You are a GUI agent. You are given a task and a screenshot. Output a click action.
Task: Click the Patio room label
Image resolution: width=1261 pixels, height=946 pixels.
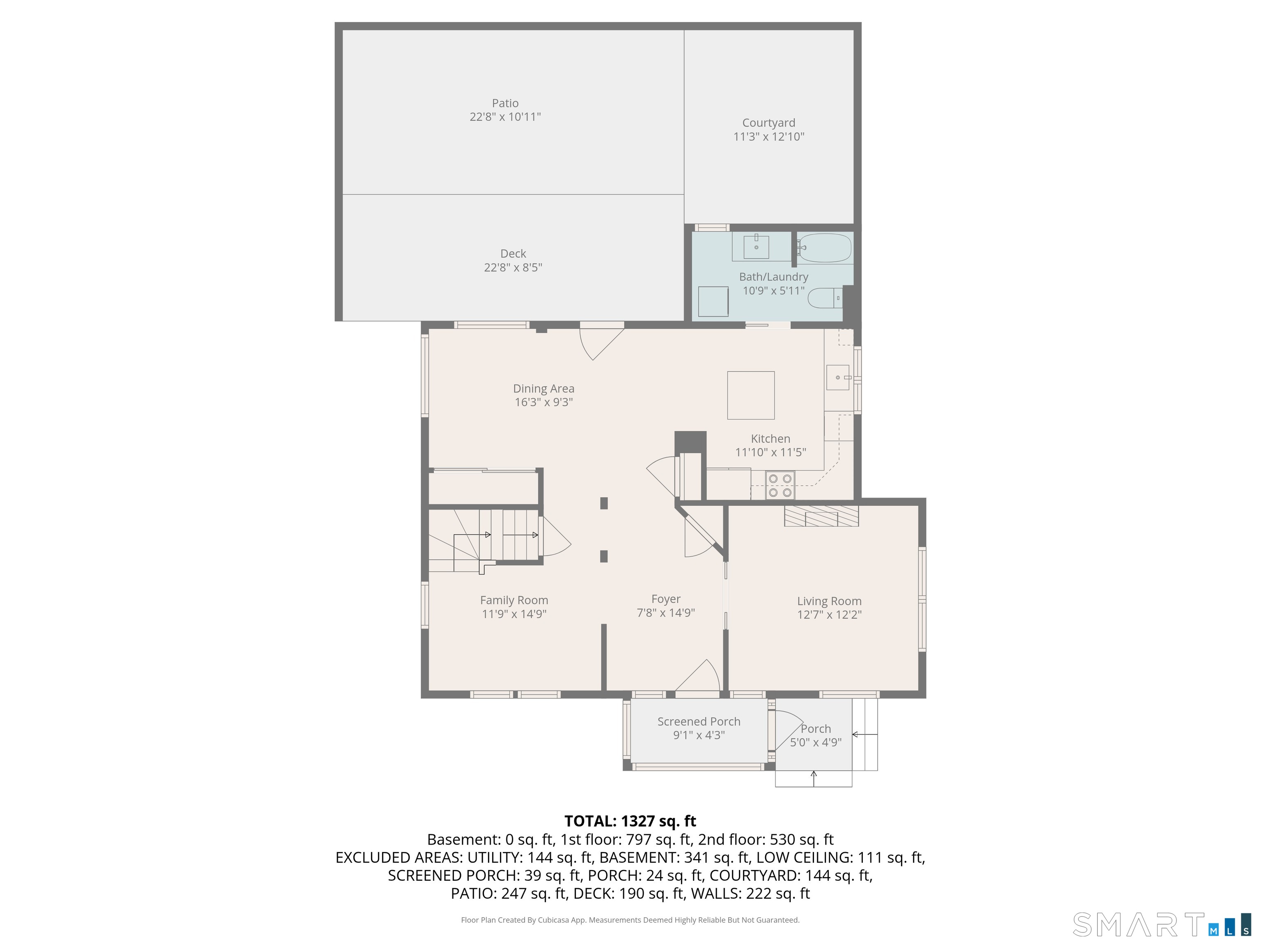(x=505, y=103)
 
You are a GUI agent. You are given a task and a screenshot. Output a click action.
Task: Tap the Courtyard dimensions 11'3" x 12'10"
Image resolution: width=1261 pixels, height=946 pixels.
(x=768, y=136)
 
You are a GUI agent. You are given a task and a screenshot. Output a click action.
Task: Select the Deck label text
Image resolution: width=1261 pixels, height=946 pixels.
(x=513, y=254)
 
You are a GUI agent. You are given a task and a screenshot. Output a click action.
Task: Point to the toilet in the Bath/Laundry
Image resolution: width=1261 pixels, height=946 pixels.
(x=825, y=298)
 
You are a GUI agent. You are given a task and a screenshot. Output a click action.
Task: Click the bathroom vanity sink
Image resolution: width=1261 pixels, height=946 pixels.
(x=756, y=247)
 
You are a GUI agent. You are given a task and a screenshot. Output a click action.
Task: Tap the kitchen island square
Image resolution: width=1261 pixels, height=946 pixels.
(x=751, y=395)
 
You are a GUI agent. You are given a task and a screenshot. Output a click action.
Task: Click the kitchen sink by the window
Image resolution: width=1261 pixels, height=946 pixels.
(x=837, y=377)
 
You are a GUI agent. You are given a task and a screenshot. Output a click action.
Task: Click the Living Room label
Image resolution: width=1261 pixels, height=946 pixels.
(x=829, y=601)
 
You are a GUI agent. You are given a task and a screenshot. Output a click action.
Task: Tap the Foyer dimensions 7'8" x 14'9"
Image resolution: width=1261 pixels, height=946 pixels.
(x=666, y=613)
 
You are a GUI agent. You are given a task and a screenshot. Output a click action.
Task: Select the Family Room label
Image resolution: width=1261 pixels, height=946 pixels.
(x=514, y=600)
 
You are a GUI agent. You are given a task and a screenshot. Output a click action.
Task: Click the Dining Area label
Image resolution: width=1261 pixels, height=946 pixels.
(x=544, y=388)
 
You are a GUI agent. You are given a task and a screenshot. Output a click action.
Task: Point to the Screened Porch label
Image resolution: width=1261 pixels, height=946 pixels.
(x=699, y=721)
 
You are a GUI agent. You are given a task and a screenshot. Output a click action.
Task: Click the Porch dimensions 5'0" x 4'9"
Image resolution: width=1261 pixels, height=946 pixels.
(x=816, y=742)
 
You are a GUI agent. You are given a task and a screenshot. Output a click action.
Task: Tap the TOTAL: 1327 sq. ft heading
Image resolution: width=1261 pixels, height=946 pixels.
(x=630, y=821)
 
